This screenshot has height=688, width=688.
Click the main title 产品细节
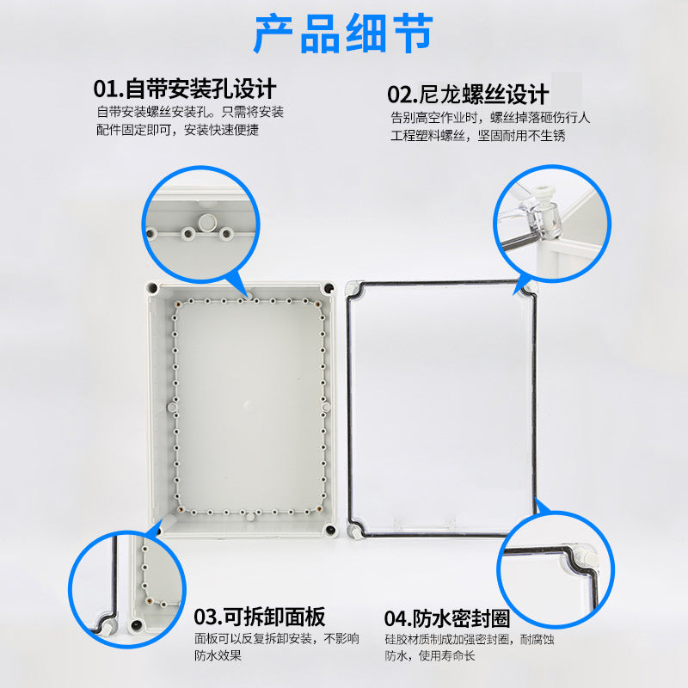tap(343, 34)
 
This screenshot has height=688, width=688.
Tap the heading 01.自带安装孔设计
tap(185, 89)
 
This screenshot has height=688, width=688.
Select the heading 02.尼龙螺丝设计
tap(468, 94)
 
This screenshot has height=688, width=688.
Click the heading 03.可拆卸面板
tap(259, 617)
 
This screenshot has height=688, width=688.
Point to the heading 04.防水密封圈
tap(447, 618)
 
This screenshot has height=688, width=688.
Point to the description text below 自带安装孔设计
tap(190, 121)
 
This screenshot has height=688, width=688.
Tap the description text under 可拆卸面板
tap(276, 647)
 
